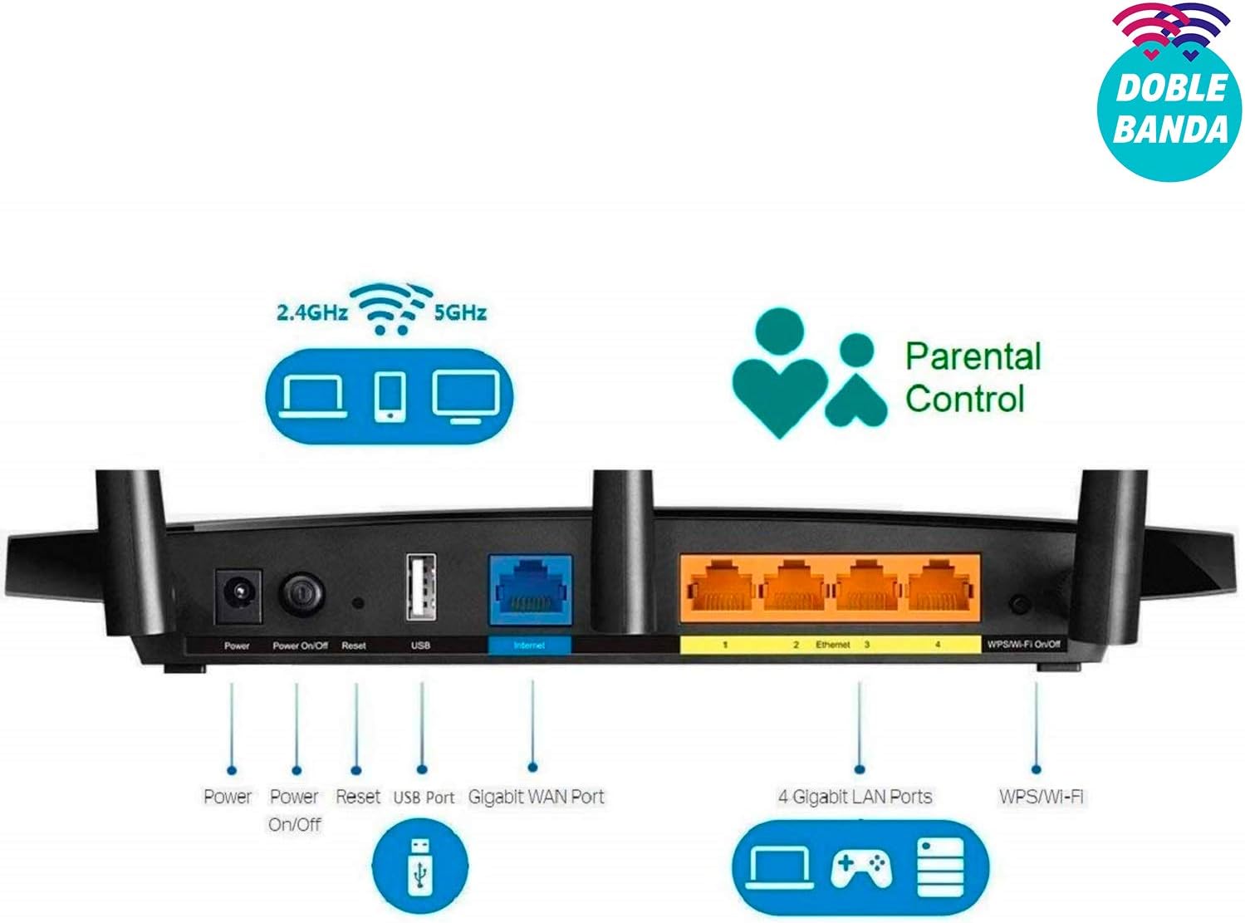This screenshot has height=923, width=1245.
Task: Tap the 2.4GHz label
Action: [312, 312]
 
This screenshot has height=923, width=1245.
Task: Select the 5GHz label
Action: [460, 312]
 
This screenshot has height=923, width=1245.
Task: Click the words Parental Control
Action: [973, 377]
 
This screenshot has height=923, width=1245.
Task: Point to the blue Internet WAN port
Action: [531, 590]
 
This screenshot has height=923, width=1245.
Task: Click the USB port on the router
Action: [421, 587]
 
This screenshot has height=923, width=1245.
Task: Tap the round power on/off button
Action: [301, 594]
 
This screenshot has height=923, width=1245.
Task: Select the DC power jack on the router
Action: [238, 596]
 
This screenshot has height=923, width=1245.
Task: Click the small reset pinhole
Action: [358, 603]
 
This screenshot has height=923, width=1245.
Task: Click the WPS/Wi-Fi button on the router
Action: [1020, 605]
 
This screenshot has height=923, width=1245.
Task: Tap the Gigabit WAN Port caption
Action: [536, 797]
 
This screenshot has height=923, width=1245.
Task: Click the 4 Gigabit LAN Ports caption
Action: [855, 797]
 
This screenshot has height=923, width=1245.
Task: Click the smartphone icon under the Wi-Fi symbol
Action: [390, 395]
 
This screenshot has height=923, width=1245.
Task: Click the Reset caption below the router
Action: [358, 797]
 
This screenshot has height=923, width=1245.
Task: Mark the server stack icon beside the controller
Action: [940, 868]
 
